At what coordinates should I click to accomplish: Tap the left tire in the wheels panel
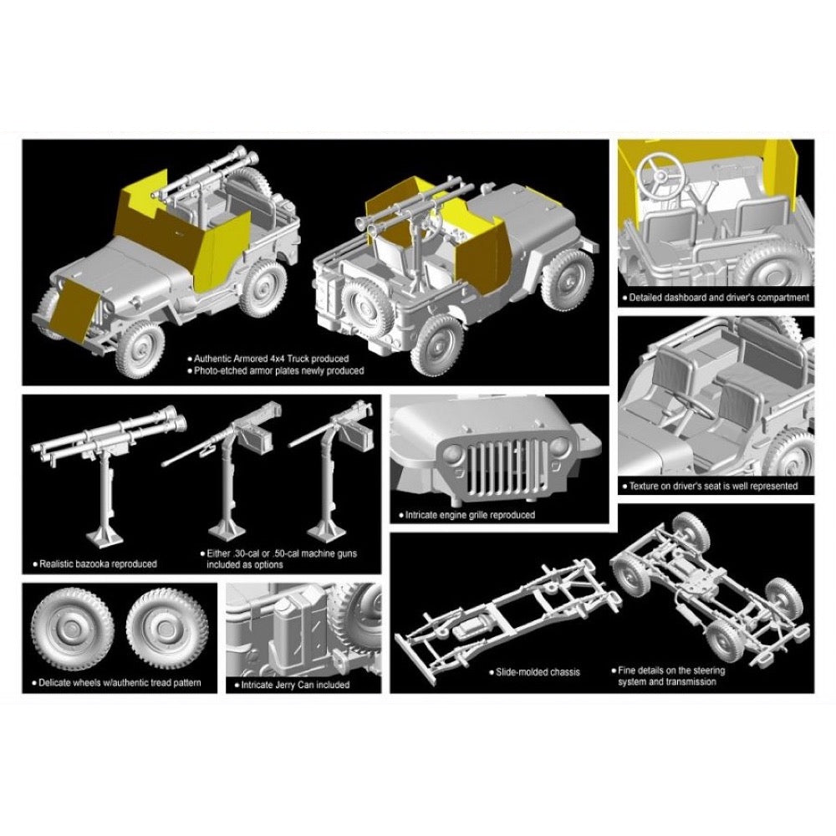[x=73, y=630]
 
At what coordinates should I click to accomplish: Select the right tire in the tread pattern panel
[x=167, y=630]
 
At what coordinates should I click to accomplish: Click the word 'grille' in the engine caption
[x=482, y=515]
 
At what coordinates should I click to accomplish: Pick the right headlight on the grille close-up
[x=559, y=446]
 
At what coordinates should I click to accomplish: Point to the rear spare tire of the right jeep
[x=368, y=309]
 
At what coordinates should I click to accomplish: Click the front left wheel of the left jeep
[x=140, y=351]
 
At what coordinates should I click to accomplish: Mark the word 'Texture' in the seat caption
[x=645, y=487]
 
